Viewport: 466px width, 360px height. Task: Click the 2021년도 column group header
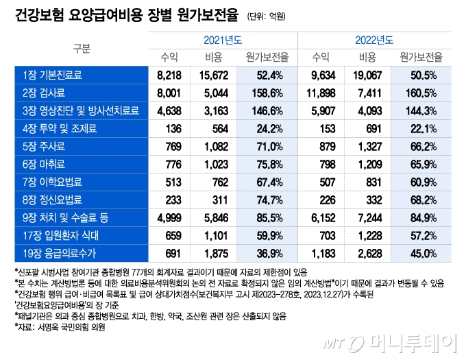point(223,40)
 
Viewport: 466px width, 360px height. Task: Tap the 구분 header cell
point(82,49)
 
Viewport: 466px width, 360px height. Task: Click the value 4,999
point(169,217)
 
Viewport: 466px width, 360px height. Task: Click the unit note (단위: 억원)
point(267,14)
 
